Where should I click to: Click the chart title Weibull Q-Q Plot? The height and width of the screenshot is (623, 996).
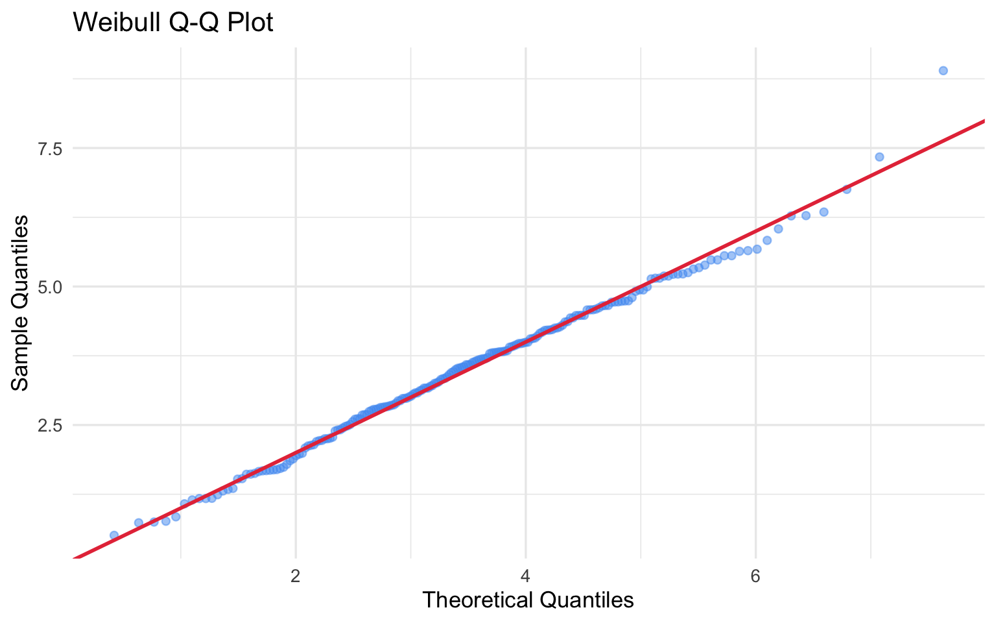tap(172, 23)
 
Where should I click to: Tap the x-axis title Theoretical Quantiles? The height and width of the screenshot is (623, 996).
tap(528, 600)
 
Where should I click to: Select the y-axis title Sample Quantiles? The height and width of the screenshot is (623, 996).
tap(20, 302)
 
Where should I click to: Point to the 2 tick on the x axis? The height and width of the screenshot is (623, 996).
tap(296, 577)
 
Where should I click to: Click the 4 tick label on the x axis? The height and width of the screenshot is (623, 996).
tap(525, 577)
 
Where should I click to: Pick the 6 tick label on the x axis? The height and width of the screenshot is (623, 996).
tap(755, 577)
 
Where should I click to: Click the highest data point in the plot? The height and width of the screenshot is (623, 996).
tap(943, 71)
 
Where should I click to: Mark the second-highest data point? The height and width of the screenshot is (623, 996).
tap(879, 156)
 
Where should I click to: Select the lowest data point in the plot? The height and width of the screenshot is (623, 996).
tap(114, 535)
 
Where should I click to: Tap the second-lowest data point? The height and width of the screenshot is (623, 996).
tap(138, 522)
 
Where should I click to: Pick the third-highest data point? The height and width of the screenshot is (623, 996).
tap(846, 189)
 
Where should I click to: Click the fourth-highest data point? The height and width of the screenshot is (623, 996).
tap(824, 212)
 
